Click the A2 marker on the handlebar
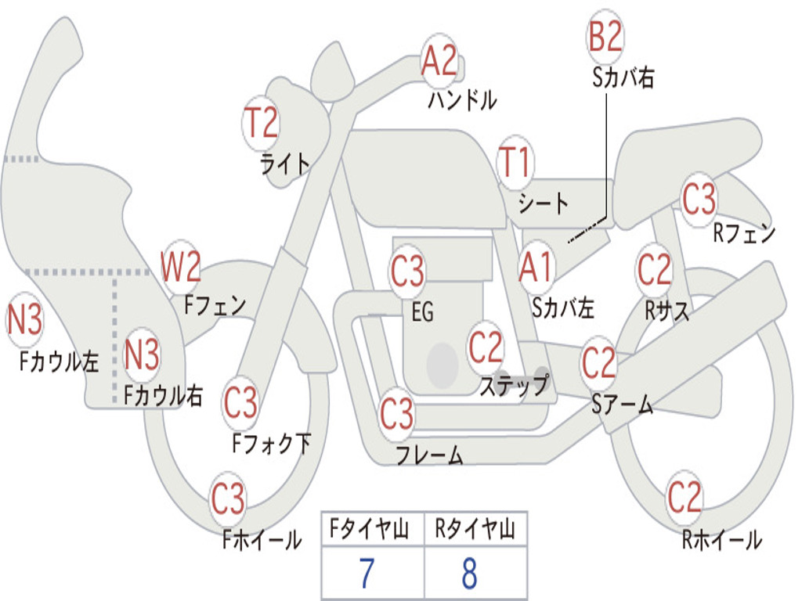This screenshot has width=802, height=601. click(439, 61)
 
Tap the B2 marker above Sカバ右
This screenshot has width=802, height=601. click(605, 36)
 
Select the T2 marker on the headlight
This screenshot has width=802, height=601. click(261, 123)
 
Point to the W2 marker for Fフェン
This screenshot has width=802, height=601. click(181, 267)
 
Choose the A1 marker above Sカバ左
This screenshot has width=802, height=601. click(537, 268)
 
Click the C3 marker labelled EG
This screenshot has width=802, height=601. click(407, 272)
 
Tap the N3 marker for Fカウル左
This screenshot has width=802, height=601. click(25, 320)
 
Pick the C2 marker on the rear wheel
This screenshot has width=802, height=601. click(685, 497)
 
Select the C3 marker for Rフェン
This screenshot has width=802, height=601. click(699, 199)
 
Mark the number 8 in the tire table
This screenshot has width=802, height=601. click(470, 574)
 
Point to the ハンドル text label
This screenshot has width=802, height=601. click(462, 100)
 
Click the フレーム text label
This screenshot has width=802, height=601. click(429, 455)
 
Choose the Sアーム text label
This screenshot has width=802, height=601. click(623, 405)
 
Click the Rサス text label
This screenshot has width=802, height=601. click(667, 311)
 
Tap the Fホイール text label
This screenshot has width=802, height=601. click(262, 540)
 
